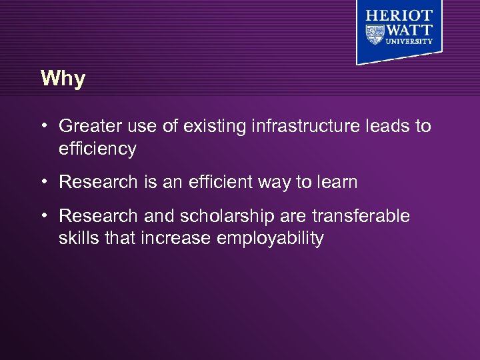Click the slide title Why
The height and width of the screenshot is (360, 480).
click(x=63, y=79)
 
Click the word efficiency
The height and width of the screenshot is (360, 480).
click(x=97, y=149)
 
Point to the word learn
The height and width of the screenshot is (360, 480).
click(x=337, y=182)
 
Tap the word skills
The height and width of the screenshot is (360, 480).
click(x=78, y=239)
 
